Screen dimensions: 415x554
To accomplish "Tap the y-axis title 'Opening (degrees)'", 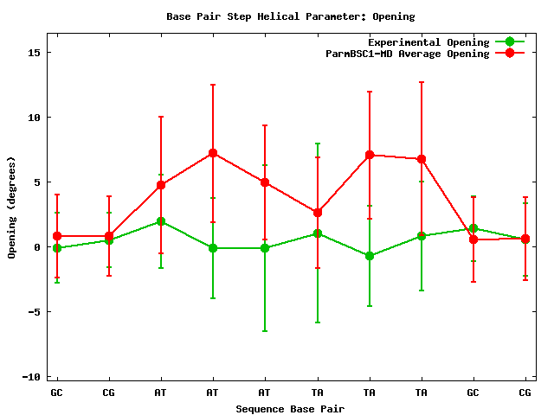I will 12,207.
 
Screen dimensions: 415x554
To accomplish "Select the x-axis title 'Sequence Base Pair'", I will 291,408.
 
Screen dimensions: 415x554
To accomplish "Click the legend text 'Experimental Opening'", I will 428,42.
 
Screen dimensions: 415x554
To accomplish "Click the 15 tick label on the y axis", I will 35,53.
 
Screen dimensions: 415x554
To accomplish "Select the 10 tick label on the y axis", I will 35,118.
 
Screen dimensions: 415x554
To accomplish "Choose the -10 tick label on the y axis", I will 31,377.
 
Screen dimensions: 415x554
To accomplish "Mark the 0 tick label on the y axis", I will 38,247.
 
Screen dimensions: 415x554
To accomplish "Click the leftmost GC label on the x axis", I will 57,393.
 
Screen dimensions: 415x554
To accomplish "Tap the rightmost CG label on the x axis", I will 525,393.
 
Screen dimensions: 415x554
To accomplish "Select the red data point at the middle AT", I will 213,153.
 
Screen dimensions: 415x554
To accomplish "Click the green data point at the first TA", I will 318,233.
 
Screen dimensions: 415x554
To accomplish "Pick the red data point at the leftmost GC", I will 57,236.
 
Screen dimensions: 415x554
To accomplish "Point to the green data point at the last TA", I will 422,236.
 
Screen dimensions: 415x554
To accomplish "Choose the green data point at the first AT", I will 161,221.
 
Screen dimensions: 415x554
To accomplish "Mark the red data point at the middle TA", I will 370,155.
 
